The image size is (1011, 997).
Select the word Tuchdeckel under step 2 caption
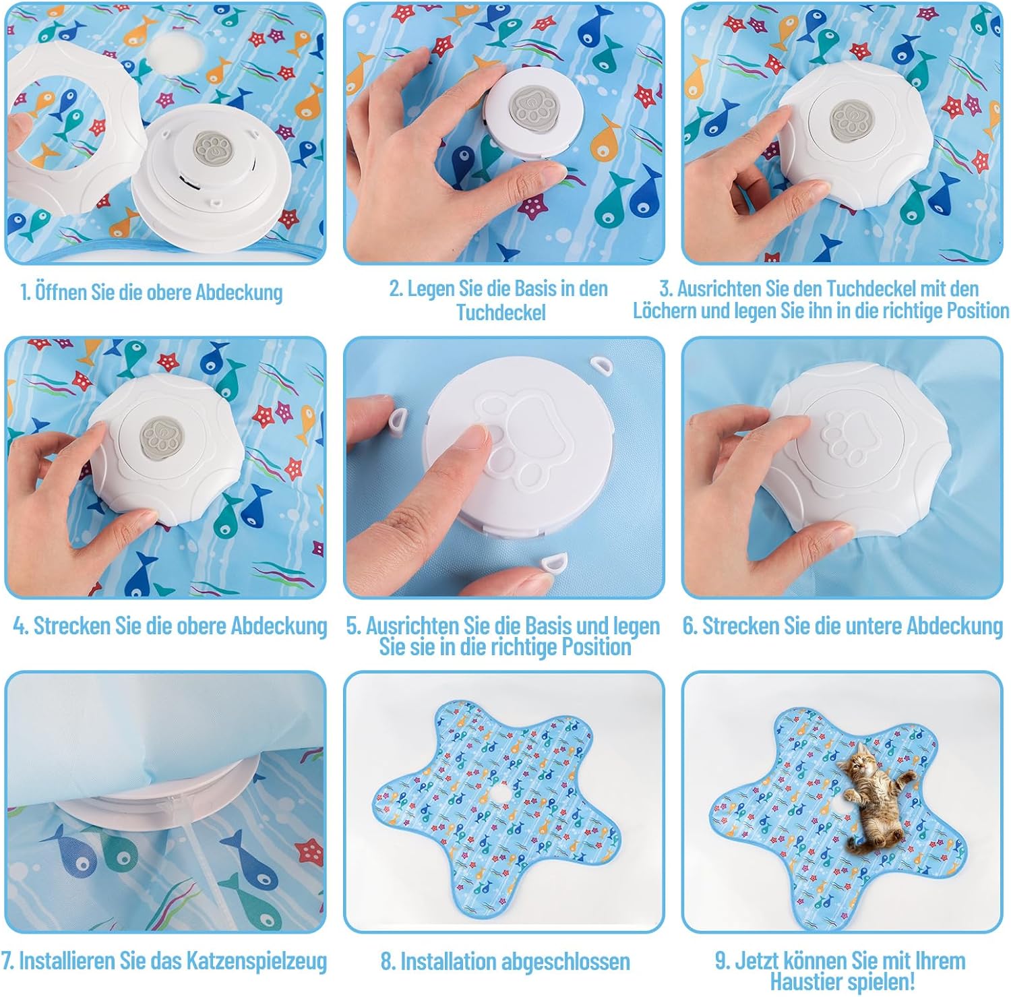[501, 312]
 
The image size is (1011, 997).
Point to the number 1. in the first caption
[26, 293]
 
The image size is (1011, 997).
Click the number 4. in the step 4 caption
[21, 626]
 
